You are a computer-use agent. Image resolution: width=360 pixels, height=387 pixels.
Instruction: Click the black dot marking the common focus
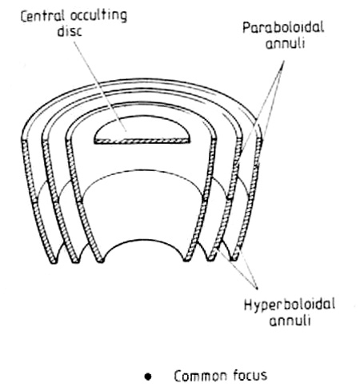click(148, 377)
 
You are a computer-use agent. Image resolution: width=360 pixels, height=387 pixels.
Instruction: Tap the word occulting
click(98, 18)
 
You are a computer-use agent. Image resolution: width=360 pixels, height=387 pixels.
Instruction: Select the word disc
click(70, 32)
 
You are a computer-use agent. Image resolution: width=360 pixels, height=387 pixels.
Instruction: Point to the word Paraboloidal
click(283, 28)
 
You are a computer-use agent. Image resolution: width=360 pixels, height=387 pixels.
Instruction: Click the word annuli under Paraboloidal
click(285, 43)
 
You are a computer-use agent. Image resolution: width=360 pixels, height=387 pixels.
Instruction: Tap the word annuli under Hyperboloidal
click(290, 320)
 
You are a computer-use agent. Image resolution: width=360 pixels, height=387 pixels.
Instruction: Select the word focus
click(250, 375)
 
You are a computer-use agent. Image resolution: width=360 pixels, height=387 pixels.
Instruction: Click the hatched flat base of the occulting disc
click(142, 141)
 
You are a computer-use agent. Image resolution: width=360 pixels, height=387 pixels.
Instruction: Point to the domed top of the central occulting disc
click(142, 117)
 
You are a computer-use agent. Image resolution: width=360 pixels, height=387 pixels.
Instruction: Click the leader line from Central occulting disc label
click(100, 86)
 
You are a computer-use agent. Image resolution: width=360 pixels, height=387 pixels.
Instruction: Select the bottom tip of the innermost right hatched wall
click(186, 261)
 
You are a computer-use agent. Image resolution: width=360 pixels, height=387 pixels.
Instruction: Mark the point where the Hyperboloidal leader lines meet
click(258, 289)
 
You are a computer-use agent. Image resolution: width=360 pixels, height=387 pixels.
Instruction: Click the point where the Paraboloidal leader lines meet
click(284, 61)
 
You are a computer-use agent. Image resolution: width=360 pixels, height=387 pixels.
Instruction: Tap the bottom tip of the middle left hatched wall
click(76, 262)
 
